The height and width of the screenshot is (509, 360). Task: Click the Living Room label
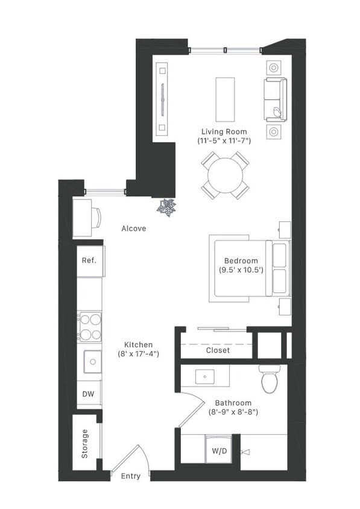pyautogui.click(x=224, y=131)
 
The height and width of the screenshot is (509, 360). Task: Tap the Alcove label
pyautogui.click(x=134, y=229)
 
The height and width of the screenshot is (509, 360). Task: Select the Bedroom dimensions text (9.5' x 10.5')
pyautogui.click(x=241, y=270)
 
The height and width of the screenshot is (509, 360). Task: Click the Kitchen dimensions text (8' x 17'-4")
pyautogui.click(x=138, y=354)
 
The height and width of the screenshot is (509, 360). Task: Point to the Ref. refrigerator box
pyautogui.click(x=89, y=261)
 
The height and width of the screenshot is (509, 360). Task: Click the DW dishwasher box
pyautogui.click(x=89, y=394)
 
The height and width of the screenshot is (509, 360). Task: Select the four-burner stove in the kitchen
pyautogui.click(x=90, y=327)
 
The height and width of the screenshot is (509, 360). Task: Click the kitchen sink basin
pyautogui.click(x=93, y=362)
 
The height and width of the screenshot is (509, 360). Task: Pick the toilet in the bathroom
pyautogui.click(x=270, y=379)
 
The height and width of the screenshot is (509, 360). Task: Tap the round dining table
pyautogui.click(x=226, y=175)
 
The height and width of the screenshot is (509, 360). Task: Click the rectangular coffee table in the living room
pyautogui.click(x=225, y=100)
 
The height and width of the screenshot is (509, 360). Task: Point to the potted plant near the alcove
pyautogui.click(x=166, y=207)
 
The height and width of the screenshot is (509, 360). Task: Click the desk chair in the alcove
pyautogui.click(x=96, y=218)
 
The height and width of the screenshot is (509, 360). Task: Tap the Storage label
pyautogui.click(x=85, y=443)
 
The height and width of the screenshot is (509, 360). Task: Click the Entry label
pyautogui.click(x=130, y=476)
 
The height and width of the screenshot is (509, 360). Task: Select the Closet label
pyautogui.click(x=218, y=350)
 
